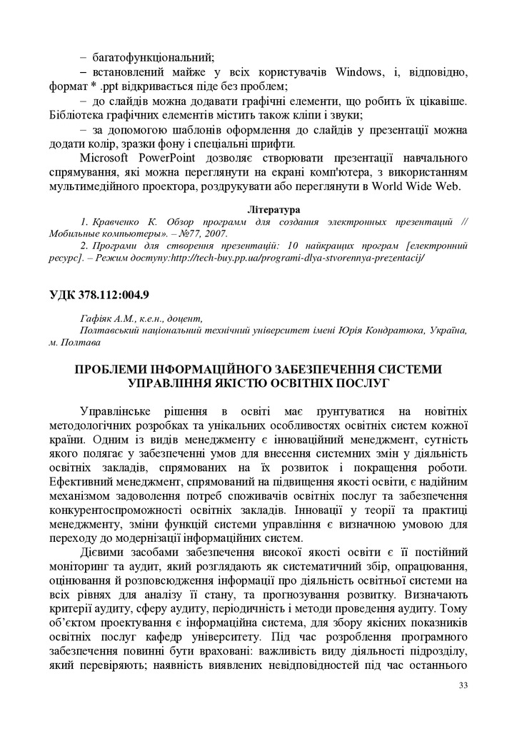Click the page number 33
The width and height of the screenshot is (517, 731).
[463, 685]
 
